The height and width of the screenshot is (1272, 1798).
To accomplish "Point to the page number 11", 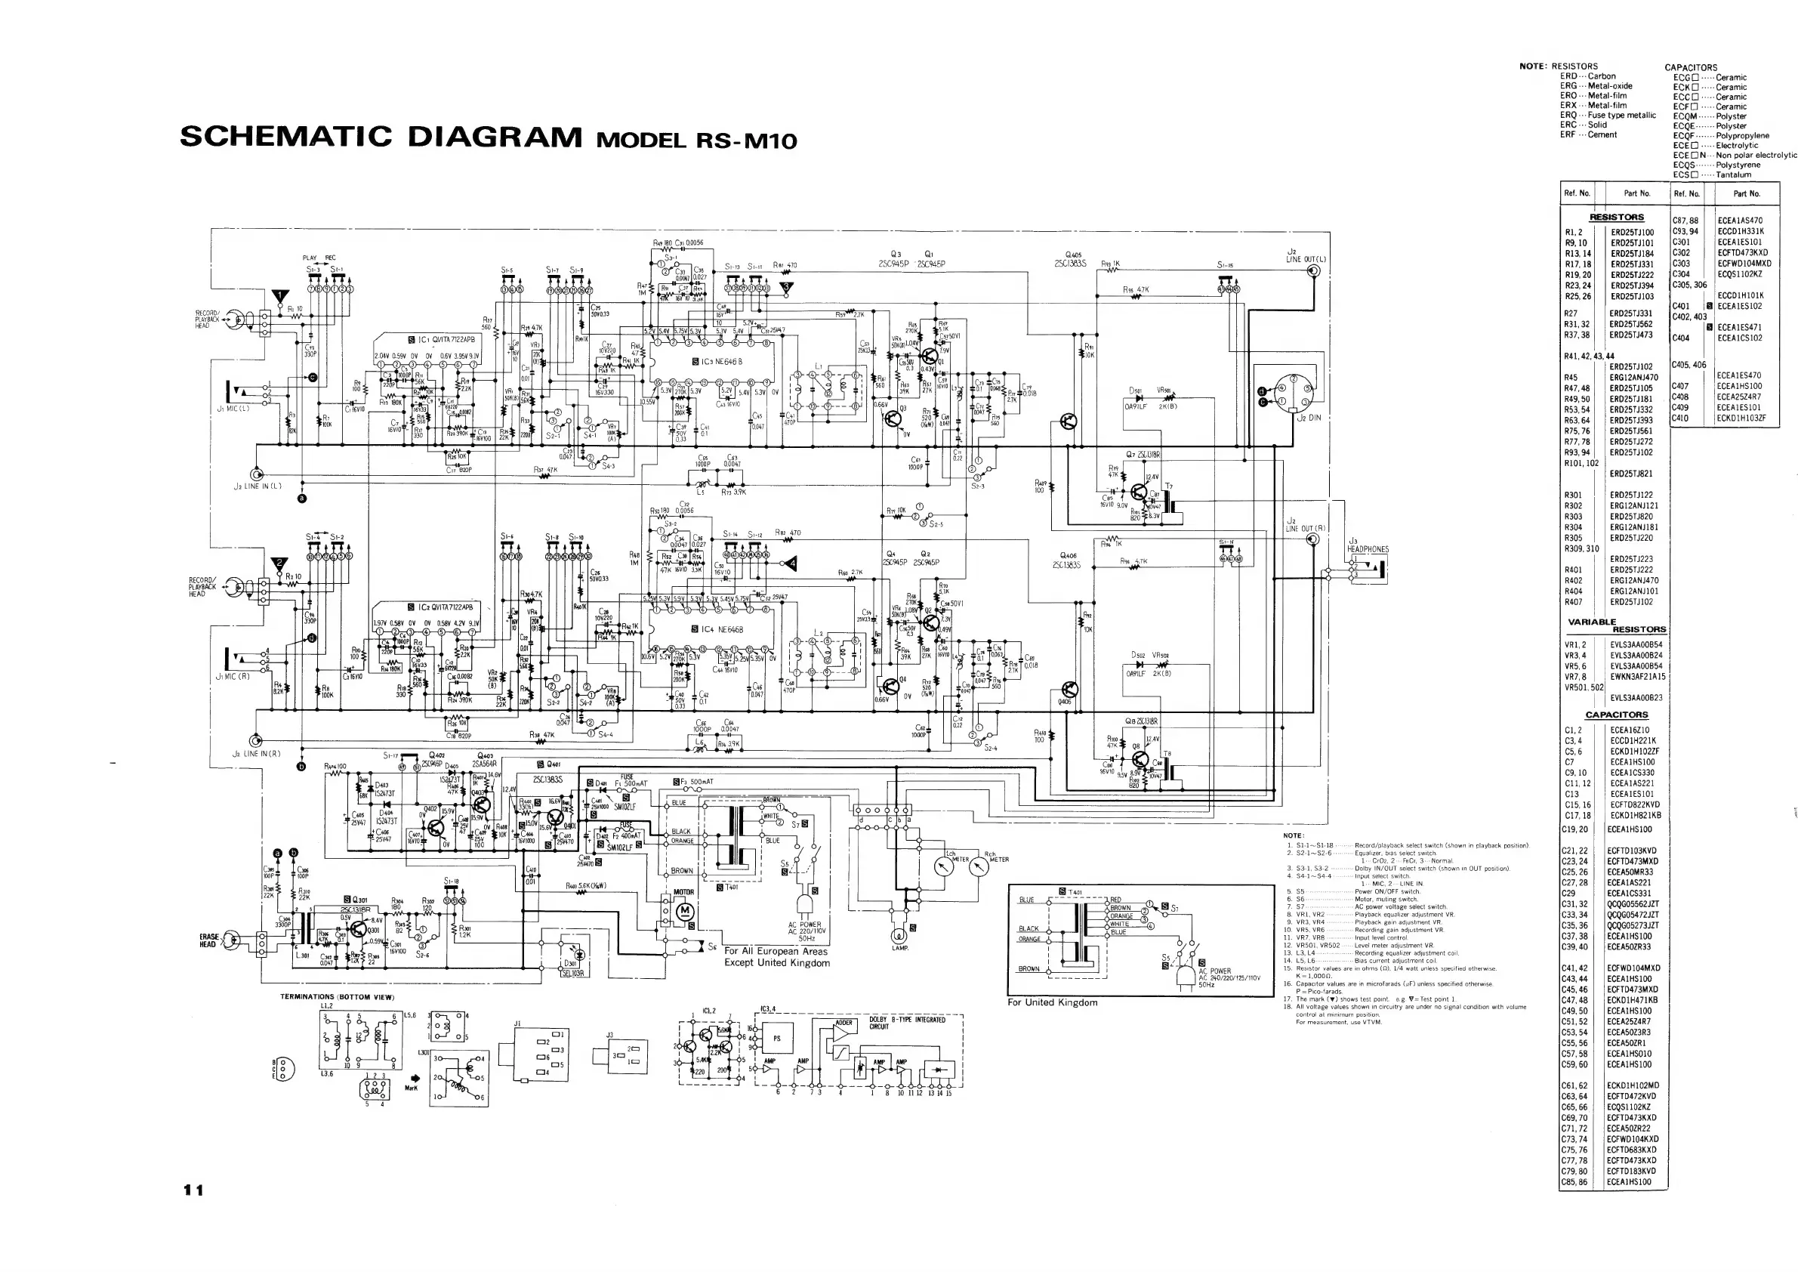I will (193, 1190).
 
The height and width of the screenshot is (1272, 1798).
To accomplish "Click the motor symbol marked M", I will (684, 910).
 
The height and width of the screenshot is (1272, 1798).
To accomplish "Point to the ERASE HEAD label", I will (209, 940).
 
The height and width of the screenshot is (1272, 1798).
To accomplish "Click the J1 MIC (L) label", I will (233, 409).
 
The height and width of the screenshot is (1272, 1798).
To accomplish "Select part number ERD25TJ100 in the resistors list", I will (1632, 233).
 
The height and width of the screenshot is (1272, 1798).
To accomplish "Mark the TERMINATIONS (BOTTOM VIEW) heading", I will (338, 997).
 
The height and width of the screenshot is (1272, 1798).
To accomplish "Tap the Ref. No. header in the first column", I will (1577, 193).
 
